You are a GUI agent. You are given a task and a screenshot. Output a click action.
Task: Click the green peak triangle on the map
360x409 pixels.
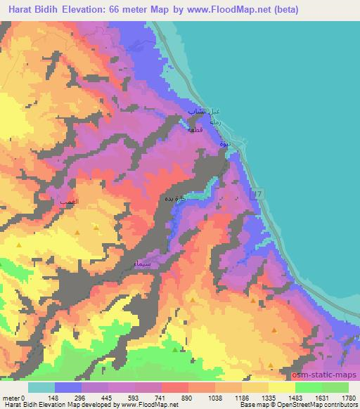coord(176,349)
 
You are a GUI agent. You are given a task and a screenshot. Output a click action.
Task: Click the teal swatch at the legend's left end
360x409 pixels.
coord(41,387)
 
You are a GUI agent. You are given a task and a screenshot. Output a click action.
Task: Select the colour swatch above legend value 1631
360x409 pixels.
coord(309,387)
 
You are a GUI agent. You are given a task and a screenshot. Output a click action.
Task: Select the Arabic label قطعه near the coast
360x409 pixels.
coord(194,129)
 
